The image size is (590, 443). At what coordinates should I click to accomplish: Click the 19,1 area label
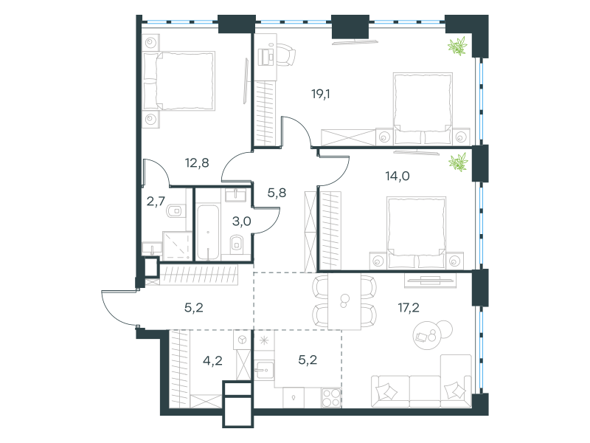(321, 94)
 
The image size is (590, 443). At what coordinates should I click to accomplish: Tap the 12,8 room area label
(197, 163)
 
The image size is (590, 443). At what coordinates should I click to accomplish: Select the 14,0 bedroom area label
(398, 176)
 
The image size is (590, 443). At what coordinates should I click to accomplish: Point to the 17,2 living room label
(409, 308)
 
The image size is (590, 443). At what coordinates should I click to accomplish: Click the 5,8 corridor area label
(277, 193)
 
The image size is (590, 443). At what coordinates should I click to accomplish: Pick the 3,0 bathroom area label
(242, 221)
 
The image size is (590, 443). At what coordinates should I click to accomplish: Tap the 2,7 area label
(156, 202)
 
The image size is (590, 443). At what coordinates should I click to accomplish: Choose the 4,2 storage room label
(212, 361)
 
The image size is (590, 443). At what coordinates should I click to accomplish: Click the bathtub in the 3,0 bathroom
(208, 233)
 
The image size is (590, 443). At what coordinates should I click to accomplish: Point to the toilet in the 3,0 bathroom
(237, 244)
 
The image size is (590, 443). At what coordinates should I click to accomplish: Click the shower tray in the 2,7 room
(177, 245)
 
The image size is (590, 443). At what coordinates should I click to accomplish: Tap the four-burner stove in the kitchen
(331, 398)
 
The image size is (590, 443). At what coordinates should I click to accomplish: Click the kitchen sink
(264, 371)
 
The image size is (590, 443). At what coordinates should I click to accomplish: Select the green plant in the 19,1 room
(457, 46)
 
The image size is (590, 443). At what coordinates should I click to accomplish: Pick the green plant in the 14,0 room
(458, 162)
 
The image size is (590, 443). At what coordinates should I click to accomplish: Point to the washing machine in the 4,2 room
(242, 340)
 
